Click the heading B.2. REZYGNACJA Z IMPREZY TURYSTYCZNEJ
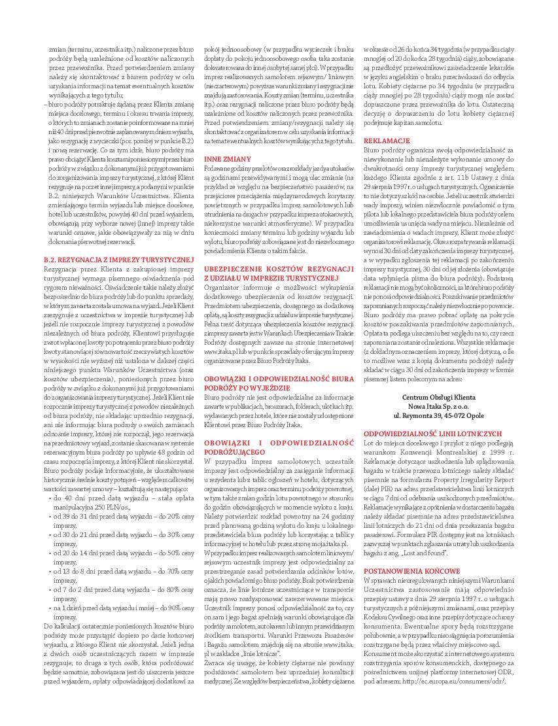pyautogui.click(x=119, y=259)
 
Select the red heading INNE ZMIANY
pyautogui.click(x=228, y=159)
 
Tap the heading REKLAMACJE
pyautogui.click(x=387, y=141)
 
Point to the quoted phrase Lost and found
pyautogui.click(x=425, y=553)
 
